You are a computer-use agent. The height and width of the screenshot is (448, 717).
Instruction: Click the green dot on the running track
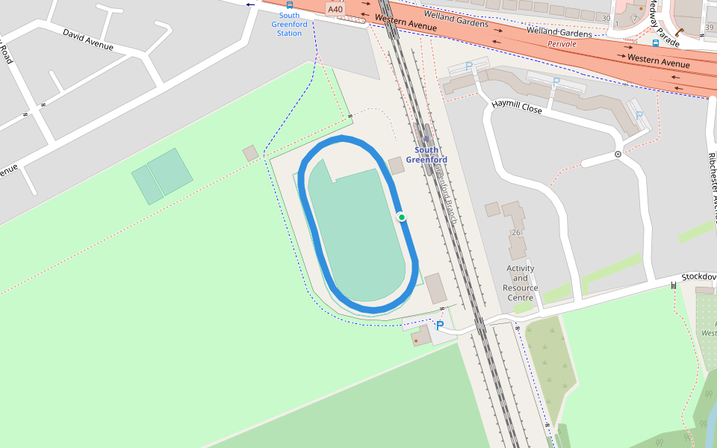coord(402,217)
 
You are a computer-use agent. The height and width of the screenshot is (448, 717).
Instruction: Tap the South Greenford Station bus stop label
coord(289,24)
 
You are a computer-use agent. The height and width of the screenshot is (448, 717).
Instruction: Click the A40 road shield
coord(335,9)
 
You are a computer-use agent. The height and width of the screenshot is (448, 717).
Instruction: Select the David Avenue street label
coord(88,40)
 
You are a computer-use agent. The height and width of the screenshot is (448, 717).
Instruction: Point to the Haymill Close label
coord(517,107)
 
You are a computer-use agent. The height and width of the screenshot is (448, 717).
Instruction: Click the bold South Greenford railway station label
coord(426,155)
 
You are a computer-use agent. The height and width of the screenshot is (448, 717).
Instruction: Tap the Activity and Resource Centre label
coord(521,283)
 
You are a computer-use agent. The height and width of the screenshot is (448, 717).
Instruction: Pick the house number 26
coord(515,233)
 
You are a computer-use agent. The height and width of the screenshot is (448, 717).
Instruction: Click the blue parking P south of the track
coord(440,326)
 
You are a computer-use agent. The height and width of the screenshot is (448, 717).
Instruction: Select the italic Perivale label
coord(562,44)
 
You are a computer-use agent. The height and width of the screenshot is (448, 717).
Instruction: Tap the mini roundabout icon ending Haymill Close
coord(618,155)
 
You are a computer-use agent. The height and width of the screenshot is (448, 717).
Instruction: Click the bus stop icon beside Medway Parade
coord(655,43)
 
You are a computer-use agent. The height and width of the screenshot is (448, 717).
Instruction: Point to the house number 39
coord(708,28)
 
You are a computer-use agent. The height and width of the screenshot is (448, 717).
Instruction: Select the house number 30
coord(606,18)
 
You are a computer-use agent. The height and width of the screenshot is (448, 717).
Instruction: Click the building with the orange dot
coord(420,337)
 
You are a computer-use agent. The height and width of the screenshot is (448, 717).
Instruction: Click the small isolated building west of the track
coord(250,153)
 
